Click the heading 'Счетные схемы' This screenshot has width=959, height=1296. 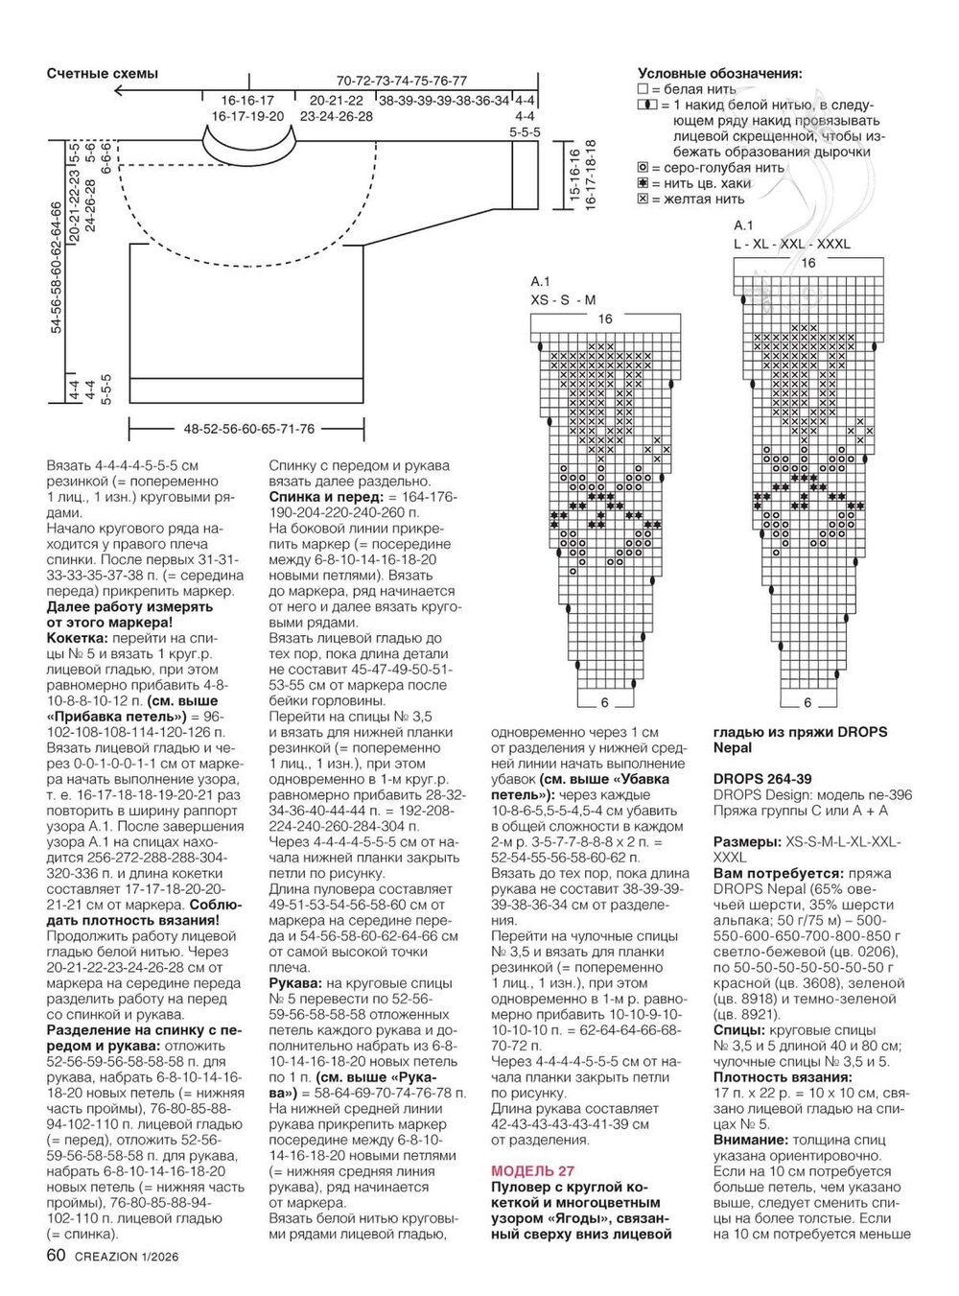pyautogui.click(x=102, y=74)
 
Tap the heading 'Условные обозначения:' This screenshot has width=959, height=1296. pyautogui.click(x=720, y=74)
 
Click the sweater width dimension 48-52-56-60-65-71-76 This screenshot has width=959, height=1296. pyautogui.click(x=249, y=429)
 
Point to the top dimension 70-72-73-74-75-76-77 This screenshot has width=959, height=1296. pyautogui.click(x=401, y=81)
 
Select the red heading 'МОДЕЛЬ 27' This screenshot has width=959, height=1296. pyautogui.click(x=532, y=1170)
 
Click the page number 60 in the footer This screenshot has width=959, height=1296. pyautogui.click(x=56, y=1256)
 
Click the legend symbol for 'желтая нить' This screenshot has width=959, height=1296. pyautogui.click(x=643, y=199)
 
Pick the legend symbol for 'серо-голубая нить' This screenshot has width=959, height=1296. pyautogui.click(x=643, y=168)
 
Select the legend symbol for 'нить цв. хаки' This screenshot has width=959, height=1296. pyautogui.click(x=643, y=183)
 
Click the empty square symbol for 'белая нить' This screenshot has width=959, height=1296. pyautogui.click(x=643, y=89)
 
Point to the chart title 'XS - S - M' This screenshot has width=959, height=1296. pyautogui.click(x=563, y=299)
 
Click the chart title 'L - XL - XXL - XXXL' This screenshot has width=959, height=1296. pyautogui.click(x=791, y=244)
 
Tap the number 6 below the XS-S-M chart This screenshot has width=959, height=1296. pyautogui.click(x=604, y=703)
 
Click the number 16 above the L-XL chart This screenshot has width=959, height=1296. pyautogui.click(x=807, y=263)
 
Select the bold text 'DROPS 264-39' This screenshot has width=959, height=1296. pyautogui.click(x=762, y=779)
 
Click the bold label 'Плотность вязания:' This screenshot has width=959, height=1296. pyautogui.click(x=770, y=1077)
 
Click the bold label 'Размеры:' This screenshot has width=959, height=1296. pyautogui.click(x=747, y=841)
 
